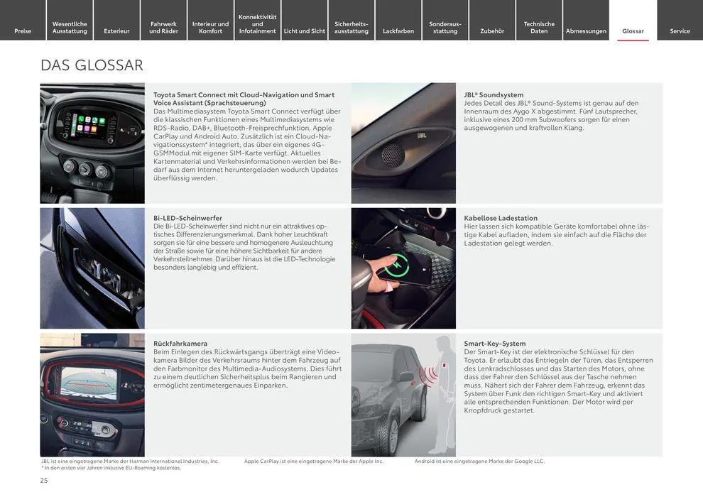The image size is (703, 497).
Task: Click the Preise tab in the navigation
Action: click(23, 31)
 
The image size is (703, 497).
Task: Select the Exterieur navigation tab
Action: click(116, 31)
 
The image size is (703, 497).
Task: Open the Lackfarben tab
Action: click(398, 31)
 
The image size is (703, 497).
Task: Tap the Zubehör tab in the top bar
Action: click(492, 31)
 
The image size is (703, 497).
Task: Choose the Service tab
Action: click(680, 31)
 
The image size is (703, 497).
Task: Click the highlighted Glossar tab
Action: click(633, 31)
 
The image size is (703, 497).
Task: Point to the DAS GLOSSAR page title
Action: click(92, 65)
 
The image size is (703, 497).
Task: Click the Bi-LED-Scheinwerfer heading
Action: click(187, 218)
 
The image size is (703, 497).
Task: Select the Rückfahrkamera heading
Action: click(180, 344)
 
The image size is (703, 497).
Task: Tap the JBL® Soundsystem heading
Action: click(494, 94)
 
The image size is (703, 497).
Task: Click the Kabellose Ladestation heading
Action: click(501, 218)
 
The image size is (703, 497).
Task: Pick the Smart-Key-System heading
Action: click(495, 344)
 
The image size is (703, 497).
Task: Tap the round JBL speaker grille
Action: click(393, 155)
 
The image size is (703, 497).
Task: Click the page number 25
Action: click(44, 481)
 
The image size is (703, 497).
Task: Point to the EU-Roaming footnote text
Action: click(111, 468)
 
